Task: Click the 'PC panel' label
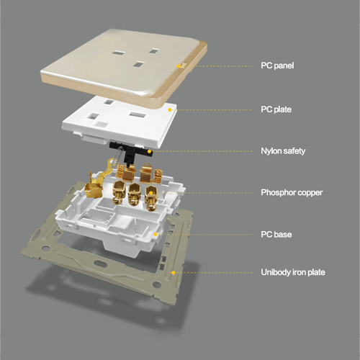point(277,66)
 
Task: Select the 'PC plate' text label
point(276,109)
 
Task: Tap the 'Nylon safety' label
point(283,151)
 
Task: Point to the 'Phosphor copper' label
point(292,193)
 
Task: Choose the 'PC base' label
point(276,235)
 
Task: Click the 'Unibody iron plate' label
point(293,272)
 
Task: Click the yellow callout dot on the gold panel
point(179,66)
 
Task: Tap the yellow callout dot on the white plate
point(170,110)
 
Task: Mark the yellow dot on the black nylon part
point(149,151)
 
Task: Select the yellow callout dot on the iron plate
point(174,273)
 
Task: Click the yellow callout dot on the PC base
point(156,234)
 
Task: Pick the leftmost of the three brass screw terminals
point(118,192)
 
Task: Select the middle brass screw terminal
point(135,194)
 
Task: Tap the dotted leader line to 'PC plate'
point(212,110)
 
